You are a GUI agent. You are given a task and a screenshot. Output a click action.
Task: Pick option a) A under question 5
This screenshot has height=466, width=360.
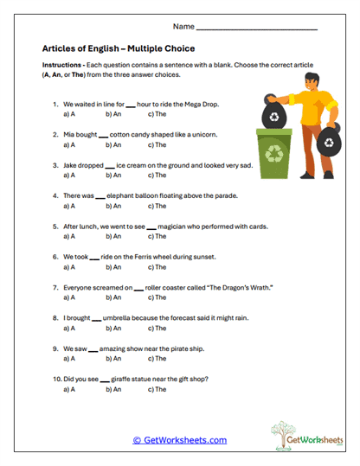[69, 235]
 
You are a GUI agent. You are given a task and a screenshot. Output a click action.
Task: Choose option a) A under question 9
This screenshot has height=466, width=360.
[69, 358]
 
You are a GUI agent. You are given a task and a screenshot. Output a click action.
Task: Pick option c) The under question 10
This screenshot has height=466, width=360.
[156, 389]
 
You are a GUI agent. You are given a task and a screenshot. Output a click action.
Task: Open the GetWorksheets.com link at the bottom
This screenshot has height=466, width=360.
[179, 440]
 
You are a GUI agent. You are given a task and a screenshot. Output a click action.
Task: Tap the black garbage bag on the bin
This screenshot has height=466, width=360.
[274, 116]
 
